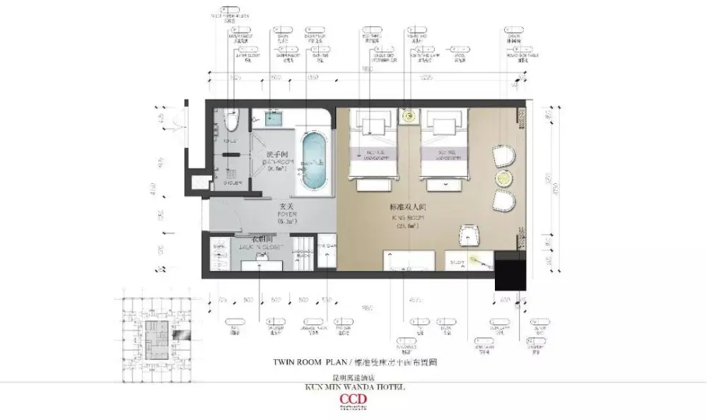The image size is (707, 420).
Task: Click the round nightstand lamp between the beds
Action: click(408, 116)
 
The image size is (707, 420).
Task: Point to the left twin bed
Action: click(375, 146)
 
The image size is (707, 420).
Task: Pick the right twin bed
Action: click(440, 146)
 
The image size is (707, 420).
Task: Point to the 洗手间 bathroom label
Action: click(276, 153)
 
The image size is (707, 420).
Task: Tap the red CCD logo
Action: click(353, 400)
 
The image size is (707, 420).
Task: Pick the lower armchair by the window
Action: click(504, 201)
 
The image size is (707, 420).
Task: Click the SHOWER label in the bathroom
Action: click(232, 182)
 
